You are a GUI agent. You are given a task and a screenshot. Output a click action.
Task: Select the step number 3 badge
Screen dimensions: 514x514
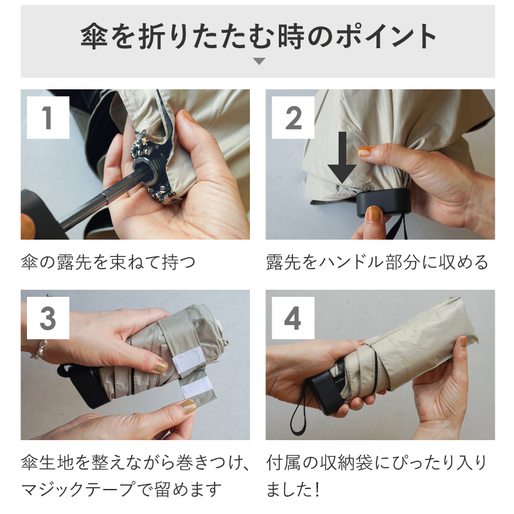click(47, 317)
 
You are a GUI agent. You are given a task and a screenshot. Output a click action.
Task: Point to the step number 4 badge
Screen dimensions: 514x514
click(292, 317)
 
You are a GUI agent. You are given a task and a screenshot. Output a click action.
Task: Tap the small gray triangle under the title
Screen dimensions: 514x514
click(258, 62)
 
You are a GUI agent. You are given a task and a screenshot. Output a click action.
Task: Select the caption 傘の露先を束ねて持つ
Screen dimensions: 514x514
click(107, 262)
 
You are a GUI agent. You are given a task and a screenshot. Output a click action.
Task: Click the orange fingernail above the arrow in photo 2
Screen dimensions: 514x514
click(365, 152)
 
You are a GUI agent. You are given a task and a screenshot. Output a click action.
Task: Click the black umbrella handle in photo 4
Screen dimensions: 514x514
click(328, 389)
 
